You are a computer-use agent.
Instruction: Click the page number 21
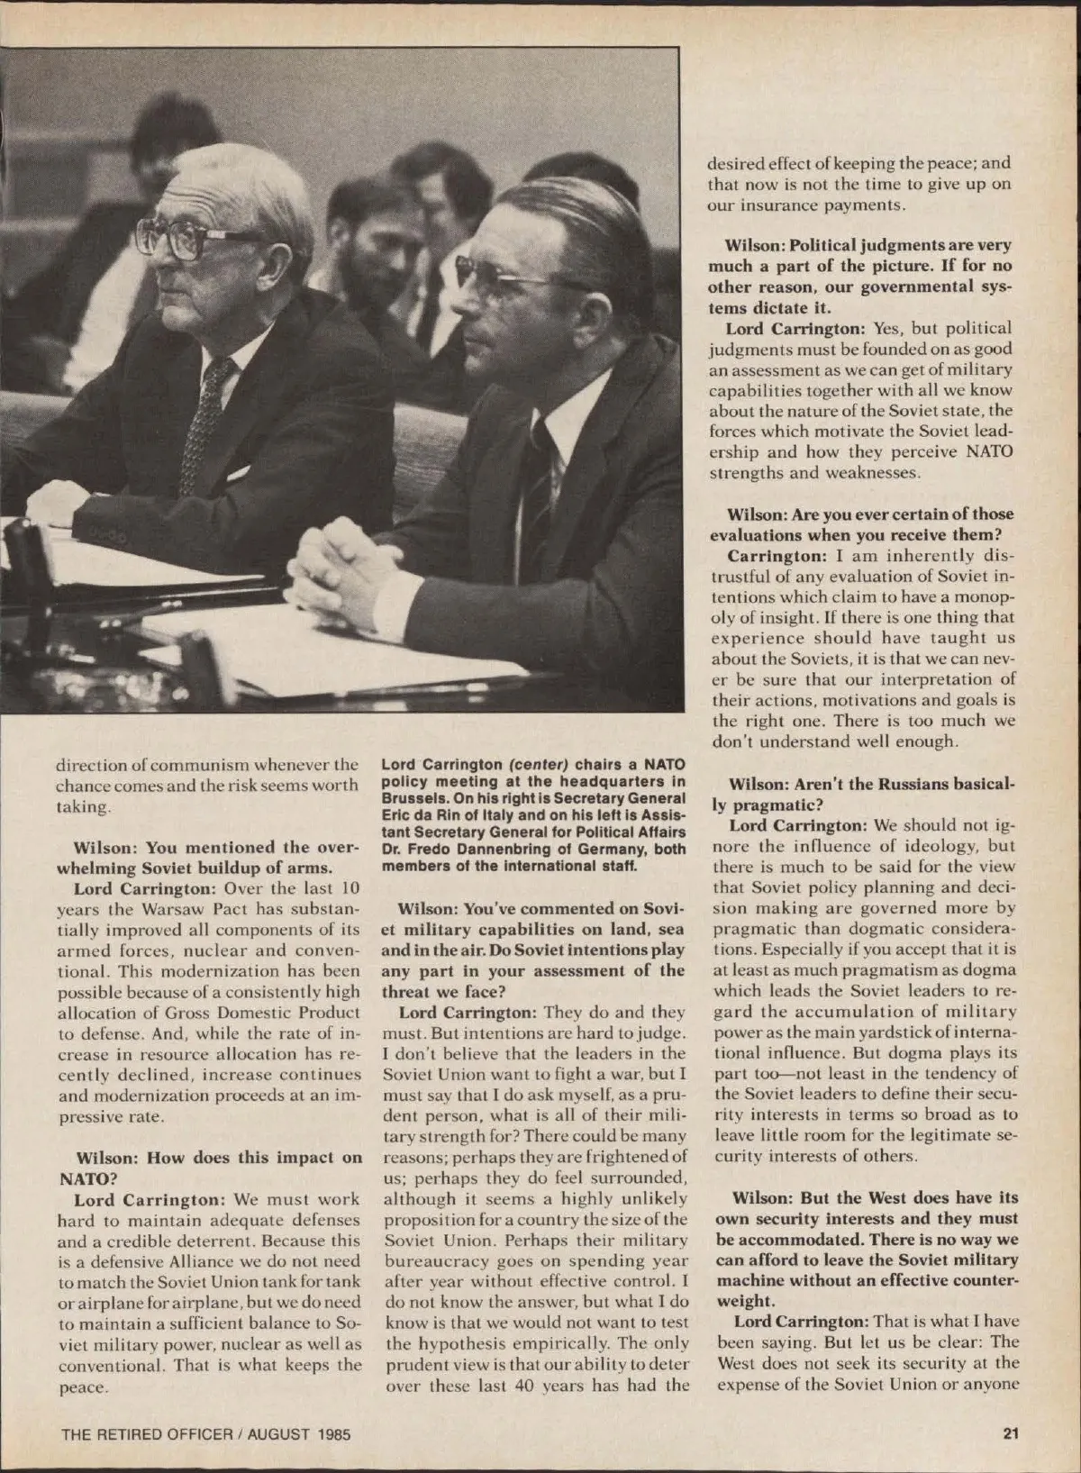click(x=1011, y=1433)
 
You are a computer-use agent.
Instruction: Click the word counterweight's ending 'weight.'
click(x=745, y=1300)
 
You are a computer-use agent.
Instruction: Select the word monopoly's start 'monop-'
click(x=983, y=596)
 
